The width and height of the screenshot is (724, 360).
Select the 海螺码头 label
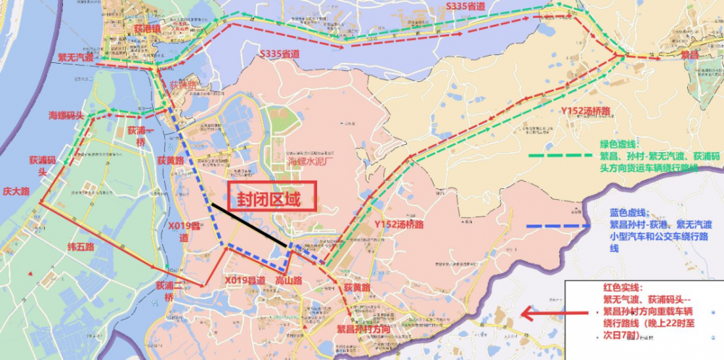(x=67, y=115)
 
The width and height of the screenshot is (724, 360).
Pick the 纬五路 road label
(x=80, y=247)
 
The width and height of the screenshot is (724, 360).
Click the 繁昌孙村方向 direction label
(x=363, y=329)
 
